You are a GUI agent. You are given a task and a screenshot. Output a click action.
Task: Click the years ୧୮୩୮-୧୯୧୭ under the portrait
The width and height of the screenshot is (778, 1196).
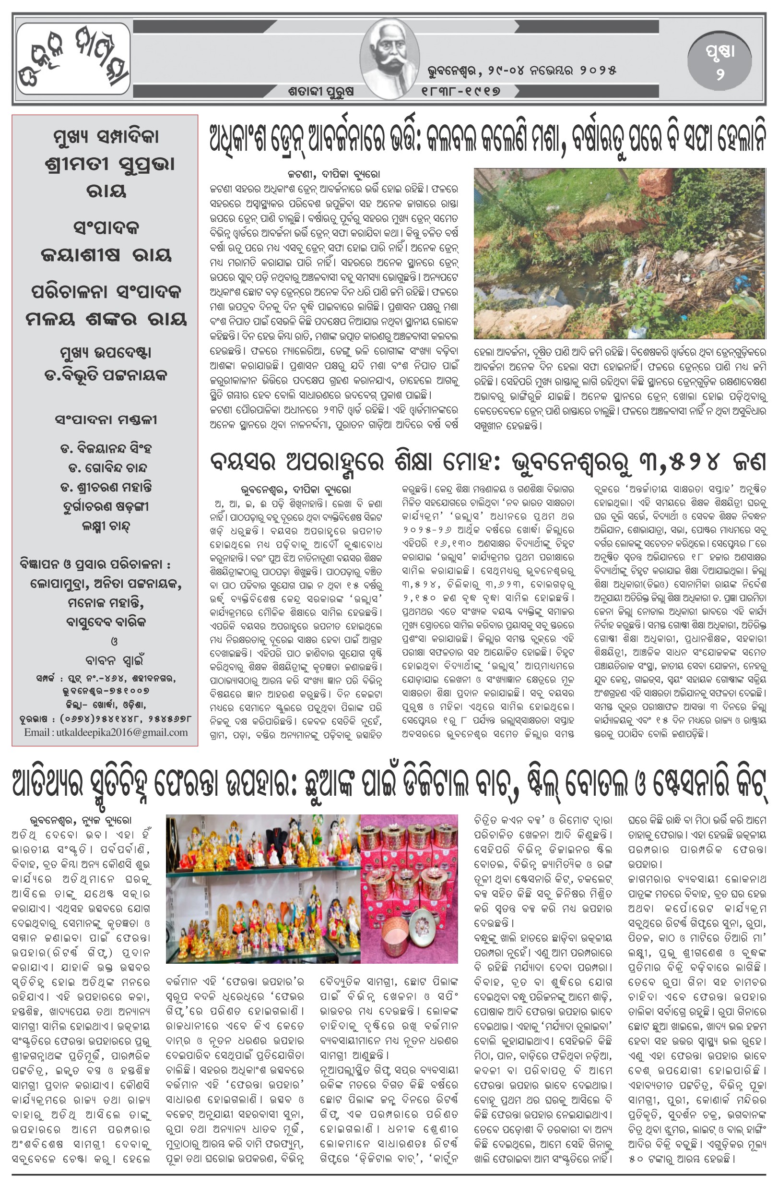(461, 91)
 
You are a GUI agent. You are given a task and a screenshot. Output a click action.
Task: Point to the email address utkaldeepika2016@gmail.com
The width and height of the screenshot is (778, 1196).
(106, 732)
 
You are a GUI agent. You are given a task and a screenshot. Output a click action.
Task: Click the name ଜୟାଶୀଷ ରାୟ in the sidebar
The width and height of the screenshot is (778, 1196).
(106, 255)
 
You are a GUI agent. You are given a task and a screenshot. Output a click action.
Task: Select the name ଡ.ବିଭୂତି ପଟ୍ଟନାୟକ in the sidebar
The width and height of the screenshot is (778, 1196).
(106, 375)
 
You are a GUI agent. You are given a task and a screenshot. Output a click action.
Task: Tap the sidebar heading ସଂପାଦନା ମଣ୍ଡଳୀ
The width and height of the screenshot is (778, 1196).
(106, 419)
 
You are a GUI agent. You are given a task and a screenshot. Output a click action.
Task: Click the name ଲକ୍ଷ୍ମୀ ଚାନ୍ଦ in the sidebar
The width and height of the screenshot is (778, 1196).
(106, 526)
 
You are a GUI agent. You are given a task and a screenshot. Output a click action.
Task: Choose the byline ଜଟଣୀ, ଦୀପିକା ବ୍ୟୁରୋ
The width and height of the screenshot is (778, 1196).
(333, 174)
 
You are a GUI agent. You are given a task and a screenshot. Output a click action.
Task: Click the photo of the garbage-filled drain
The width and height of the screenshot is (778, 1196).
(619, 253)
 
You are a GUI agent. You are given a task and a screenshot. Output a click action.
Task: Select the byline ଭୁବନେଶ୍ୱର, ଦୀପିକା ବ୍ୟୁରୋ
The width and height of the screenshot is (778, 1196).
(295, 489)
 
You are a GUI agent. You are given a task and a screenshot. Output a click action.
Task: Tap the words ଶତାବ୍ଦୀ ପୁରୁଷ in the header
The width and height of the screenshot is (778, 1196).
(321, 92)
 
